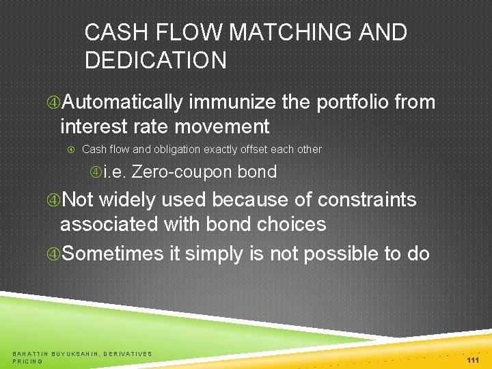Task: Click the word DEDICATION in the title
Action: [156, 60]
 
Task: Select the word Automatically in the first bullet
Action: [122, 102]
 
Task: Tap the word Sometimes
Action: [112, 254]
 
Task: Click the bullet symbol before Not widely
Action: [53, 200]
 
